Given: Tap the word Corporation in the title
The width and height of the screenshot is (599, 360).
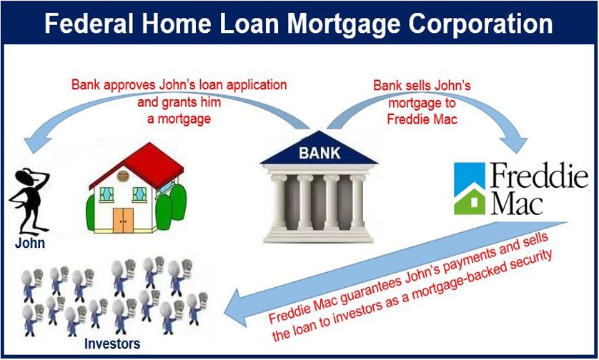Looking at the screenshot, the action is click(480, 24).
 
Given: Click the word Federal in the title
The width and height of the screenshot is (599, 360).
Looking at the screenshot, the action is click(89, 24).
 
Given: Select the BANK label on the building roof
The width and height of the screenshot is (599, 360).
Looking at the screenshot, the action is click(320, 153).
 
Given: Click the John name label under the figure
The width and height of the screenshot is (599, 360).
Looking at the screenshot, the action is click(30, 243).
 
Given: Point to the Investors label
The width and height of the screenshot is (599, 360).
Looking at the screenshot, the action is click(112, 344).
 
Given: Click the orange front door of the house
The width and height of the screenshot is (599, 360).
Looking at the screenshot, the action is click(124, 220).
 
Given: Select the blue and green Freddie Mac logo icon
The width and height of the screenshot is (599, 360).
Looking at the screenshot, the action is click(470, 189).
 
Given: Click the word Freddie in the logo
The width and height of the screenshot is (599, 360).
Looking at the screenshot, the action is click(539, 176).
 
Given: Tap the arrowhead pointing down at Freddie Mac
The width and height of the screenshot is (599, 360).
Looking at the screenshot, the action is click(514, 143).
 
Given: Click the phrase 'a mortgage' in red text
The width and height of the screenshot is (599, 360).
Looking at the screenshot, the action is click(179, 119).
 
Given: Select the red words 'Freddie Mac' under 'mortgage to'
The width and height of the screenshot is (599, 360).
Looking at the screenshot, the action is click(422, 119).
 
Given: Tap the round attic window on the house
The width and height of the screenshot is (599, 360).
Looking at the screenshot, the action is click(124, 176).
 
